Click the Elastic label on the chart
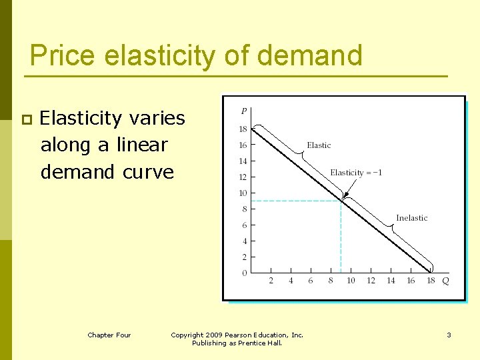tap(319, 145)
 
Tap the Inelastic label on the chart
tap(411, 218)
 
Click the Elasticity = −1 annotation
tap(356, 173)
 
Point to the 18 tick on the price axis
tap(243, 129)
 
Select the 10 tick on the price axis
tap(243, 193)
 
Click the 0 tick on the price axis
tap(245, 273)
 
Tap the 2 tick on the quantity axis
tap(271, 281)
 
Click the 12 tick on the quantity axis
tap(371, 281)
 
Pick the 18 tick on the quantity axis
tap(431, 281)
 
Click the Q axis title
tap(445, 281)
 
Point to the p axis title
tap(244, 110)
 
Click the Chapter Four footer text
tap(109, 335)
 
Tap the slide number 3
tap(449, 335)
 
